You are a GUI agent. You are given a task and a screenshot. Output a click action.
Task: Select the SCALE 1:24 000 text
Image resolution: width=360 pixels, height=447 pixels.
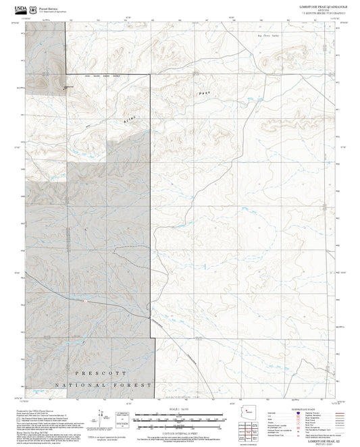179,411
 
